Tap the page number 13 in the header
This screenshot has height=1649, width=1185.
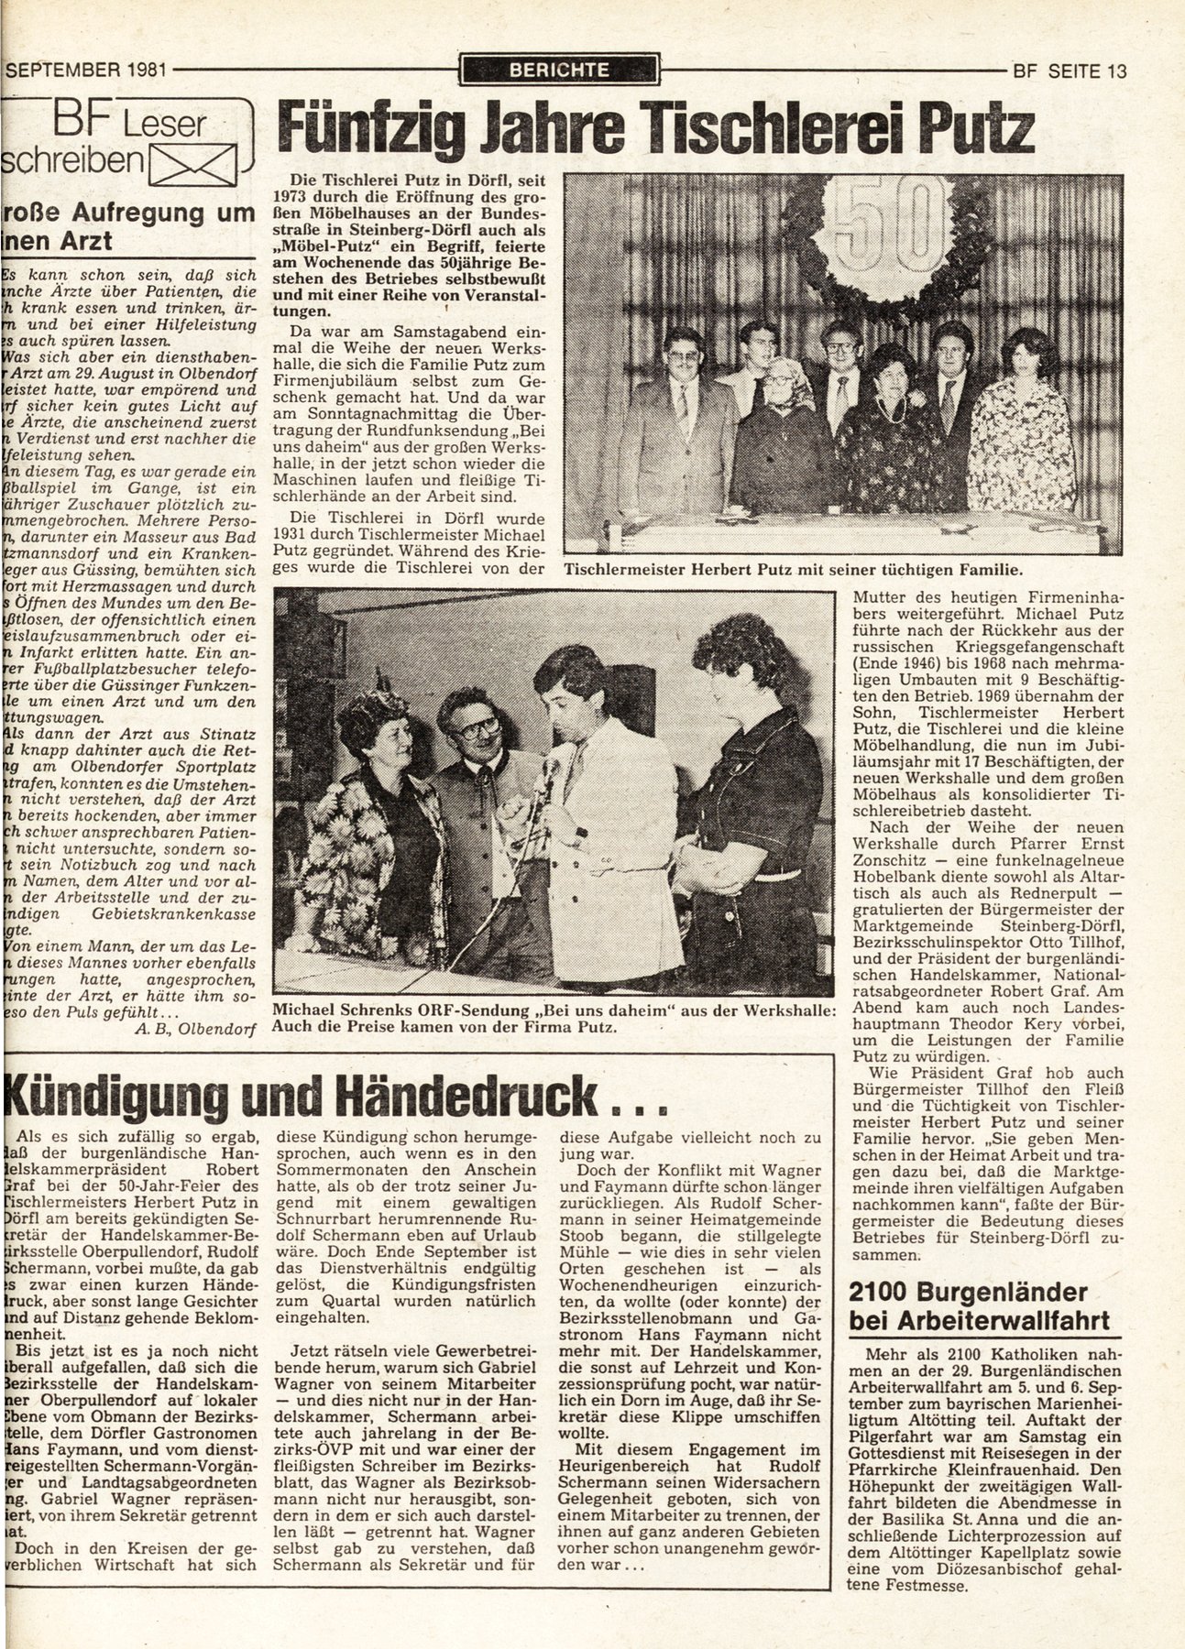coord(1116,71)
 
